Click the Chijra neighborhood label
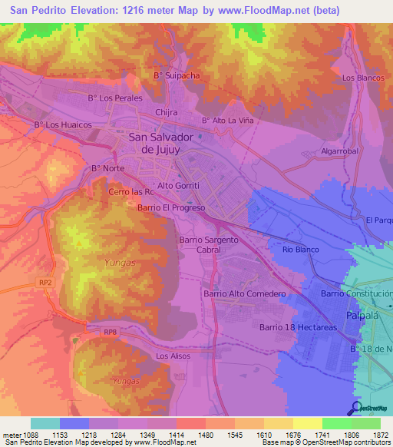click(x=167, y=112)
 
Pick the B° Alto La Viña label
click(x=226, y=121)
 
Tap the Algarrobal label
click(x=340, y=151)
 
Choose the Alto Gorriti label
click(x=178, y=186)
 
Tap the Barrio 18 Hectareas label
click(x=299, y=327)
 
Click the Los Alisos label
click(x=172, y=356)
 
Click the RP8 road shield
click(x=111, y=332)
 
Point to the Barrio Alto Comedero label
click(x=244, y=293)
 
